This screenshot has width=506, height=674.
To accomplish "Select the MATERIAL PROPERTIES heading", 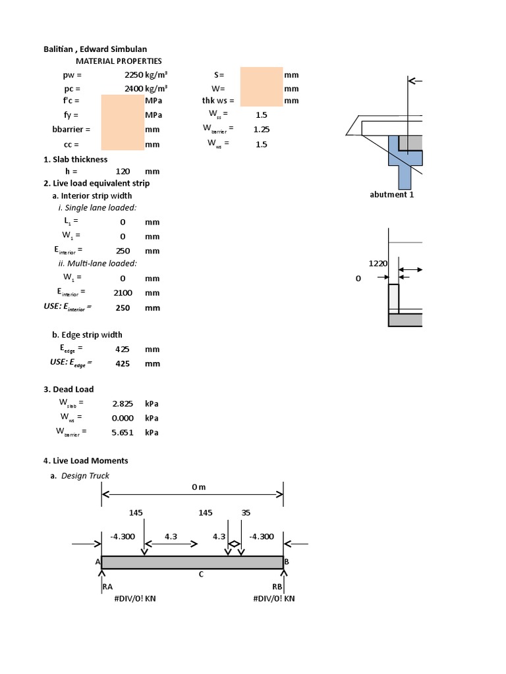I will [119, 61].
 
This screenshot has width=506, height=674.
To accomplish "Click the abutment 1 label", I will [392, 195].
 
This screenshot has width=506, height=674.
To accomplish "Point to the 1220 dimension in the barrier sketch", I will [378, 263].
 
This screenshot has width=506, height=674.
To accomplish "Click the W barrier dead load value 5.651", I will [123, 432].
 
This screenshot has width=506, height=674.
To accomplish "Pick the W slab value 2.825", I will [123, 403].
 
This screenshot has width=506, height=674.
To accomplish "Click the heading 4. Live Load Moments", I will [86, 461].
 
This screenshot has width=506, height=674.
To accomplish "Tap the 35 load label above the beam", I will [246, 512].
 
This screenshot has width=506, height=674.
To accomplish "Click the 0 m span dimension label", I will [198, 487].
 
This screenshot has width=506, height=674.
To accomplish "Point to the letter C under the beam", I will [201, 575].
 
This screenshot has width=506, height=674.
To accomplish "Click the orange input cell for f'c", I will [122, 101].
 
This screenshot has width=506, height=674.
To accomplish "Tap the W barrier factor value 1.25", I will [262, 130].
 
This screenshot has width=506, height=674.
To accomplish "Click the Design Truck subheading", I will [85, 476].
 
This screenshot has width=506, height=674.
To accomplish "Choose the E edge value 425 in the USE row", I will [123, 363].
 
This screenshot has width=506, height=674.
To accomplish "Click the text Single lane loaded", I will [98, 208].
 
